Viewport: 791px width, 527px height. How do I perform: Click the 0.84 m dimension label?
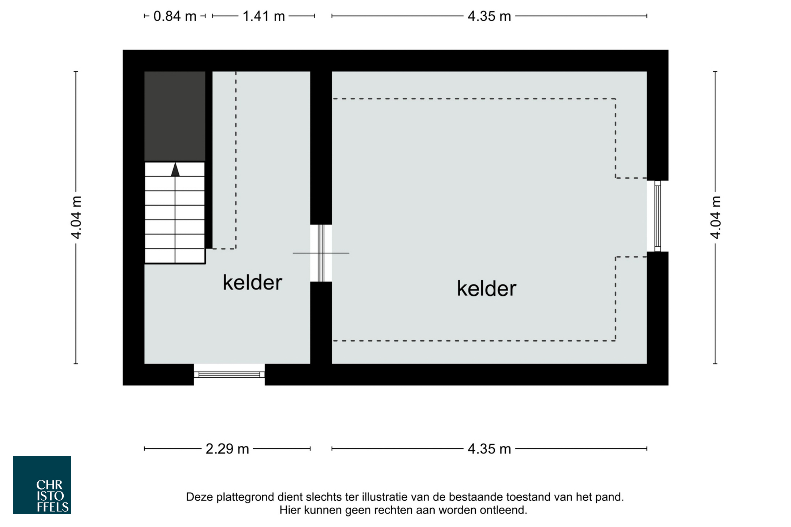click(175, 16)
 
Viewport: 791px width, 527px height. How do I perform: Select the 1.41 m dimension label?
click(264, 16)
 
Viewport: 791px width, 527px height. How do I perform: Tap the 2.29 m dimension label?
click(227, 449)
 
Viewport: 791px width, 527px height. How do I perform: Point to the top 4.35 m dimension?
click(489, 16)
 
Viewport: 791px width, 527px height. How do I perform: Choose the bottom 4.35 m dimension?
click(489, 449)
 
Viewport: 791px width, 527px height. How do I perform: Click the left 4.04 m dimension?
click(76, 217)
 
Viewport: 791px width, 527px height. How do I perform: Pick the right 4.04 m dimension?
click(716, 217)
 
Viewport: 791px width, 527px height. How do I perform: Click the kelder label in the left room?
click(252, 283)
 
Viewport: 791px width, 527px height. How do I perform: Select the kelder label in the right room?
click(486, 288)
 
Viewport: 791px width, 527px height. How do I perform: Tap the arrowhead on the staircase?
click(175, 169)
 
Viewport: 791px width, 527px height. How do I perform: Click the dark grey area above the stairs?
click(175, 116)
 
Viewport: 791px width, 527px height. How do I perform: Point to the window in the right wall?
click(657, 216)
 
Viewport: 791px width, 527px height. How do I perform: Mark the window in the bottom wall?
click(229, 374)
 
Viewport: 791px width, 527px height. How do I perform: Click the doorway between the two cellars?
click(321, 253)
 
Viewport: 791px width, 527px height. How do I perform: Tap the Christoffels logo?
click(42, 485)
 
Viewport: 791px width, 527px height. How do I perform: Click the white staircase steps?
click(175, 213)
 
